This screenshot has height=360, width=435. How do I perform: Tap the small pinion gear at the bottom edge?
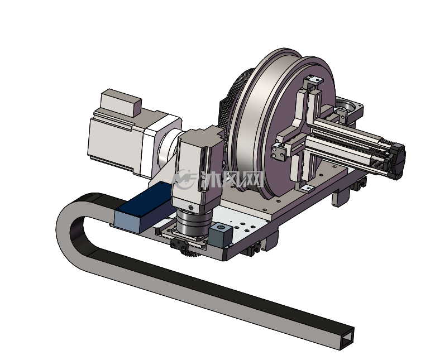pos(192,253)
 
